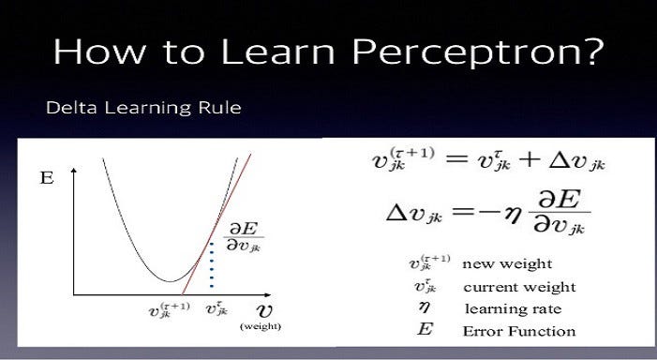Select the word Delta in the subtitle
pyautogui.click(x=67, y=108)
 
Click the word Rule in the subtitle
pyautogui.click(x=222, y=108)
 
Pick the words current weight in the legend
pyautogui.click(x=519, y=287)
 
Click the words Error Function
pyautogui.click(x=518, y=331)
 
